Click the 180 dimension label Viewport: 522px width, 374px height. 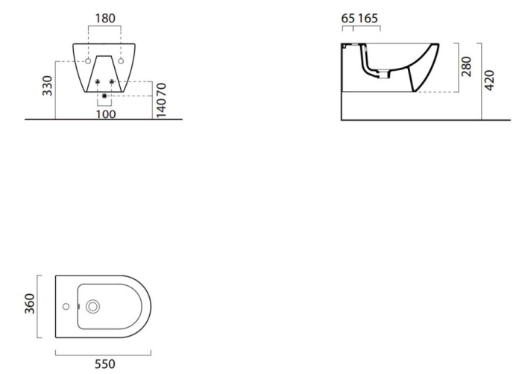click(x=105, y=19)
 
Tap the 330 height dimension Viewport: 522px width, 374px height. click(x=47, y=86)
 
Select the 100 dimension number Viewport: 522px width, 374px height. click(x=106, y=114)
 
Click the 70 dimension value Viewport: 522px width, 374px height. click(x=161, y=90)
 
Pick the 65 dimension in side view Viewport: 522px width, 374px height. click(x=348, y=19)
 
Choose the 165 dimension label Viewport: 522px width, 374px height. click(x=368, y=19)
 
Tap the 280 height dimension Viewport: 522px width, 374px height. click(x=466, y=66)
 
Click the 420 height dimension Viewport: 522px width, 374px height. click(x=489, y=80)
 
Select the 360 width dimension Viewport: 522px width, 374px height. click(x=30, y=303)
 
